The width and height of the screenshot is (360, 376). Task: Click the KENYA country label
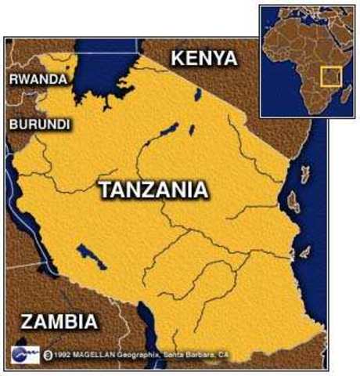203,58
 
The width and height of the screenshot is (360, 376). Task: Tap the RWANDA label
36,79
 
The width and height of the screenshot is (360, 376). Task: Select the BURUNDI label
39,125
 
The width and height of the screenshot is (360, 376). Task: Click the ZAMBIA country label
59,322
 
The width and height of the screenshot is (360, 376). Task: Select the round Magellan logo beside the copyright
24,352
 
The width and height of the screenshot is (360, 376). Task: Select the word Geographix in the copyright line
133,354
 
